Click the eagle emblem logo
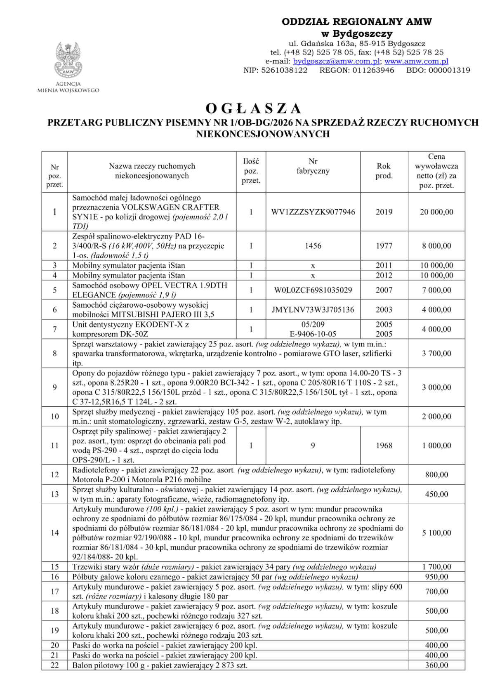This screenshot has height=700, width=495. (68, 60)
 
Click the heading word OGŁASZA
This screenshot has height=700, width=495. (253, 108)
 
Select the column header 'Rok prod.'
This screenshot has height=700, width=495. (384, 171)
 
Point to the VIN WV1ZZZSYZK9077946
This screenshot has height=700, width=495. (313, 212)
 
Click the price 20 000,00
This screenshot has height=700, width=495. (436, 212)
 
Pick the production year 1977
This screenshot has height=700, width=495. (384, 246)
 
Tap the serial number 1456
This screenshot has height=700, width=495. (313, 246)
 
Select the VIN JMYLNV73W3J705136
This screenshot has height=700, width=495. (313, 310)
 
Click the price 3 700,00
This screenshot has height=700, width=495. (436, 354)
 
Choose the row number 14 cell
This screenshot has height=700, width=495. (55, 533)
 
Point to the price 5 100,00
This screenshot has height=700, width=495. (436, 533)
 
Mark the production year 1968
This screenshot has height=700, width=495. (384, 445)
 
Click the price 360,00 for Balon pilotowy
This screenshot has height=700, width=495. (436, 665)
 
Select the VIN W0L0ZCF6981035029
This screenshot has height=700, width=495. (313, 290)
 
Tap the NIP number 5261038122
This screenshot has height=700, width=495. (283, 70)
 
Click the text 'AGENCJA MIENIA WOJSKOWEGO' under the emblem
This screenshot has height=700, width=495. (68, 87)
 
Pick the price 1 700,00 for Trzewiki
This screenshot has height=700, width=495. (436, 567)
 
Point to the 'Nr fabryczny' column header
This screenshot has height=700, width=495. (313, 166)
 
